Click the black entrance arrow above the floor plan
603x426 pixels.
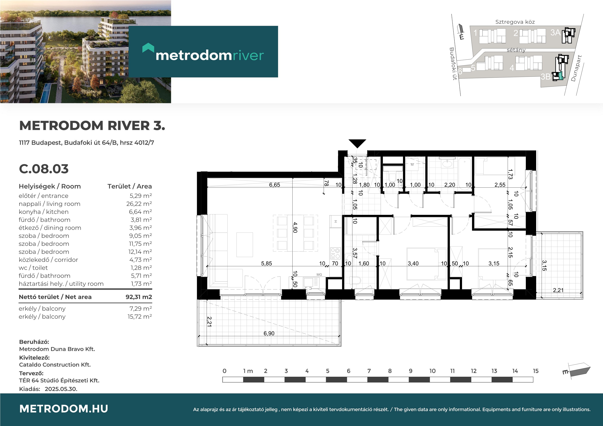click(x=357, y=143)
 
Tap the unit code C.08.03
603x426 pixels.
click(x=44, y=169)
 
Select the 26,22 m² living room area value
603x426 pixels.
click(x=139, y=204)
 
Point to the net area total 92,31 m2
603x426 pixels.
click(x=139, y=297)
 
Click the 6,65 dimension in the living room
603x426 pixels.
click(x=275, y=185)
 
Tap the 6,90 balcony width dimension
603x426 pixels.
click(x=269, y=333)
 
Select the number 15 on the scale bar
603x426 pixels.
click(x=536, y=371)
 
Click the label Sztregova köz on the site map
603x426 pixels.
click(x=515, y=22)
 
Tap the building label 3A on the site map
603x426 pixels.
click(x=555, y=32)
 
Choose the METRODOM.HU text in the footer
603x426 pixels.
click(x=64, y=409)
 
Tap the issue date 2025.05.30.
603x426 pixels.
click(x=61, y=389)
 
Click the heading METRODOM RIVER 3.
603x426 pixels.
click(x=92, y=126)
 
